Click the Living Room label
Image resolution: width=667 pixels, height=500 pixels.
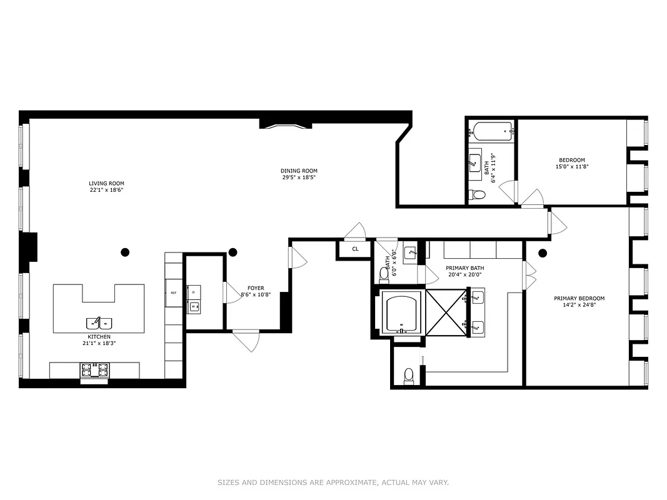(106, 184)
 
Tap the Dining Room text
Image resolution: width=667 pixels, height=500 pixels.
(299, 171)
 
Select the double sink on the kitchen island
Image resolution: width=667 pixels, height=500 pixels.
(99, 323)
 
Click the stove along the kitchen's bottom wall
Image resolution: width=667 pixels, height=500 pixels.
(94, 371)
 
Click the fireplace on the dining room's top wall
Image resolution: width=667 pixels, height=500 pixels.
(285, 125)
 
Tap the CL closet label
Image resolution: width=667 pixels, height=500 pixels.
(355, 249)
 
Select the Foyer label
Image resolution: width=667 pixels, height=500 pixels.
(256, 288)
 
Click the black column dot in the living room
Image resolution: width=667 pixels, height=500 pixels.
(125, 252)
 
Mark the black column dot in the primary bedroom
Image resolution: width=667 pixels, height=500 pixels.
(543, 253)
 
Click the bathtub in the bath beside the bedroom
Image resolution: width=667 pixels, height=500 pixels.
(493, 132)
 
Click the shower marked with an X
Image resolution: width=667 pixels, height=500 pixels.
(446, 312)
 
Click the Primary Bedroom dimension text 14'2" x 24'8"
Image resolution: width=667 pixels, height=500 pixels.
(579, 306)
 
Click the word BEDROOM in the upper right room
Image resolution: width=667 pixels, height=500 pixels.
(572, 160)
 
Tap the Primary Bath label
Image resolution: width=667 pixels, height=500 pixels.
(464, 268)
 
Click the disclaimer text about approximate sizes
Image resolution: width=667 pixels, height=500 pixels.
(333, 482)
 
